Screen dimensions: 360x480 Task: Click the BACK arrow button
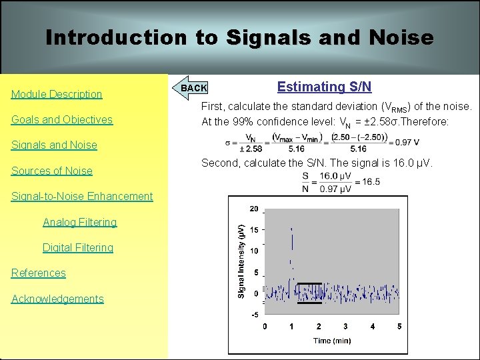(193, 88)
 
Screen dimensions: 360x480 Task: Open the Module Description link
(57, 94)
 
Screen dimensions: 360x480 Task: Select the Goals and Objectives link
(62, 119)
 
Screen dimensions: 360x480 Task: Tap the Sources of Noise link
(52, 171)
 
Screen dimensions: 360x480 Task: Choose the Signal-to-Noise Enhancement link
(82, 196)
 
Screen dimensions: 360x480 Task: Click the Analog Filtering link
(79, 222)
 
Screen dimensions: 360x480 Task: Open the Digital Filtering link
(78, 247)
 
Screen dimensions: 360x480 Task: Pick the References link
(39, 273)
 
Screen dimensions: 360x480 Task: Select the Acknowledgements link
(57, 299)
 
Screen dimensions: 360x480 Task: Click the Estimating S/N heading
(324, 87)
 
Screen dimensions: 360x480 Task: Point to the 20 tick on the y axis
(254, 209)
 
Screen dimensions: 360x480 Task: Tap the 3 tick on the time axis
(345, 327)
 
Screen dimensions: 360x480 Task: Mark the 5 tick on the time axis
(399, 327)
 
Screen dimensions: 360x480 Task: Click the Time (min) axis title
(332, 341)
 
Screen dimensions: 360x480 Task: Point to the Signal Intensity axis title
(241, 259)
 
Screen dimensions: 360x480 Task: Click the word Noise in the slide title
(399, 37)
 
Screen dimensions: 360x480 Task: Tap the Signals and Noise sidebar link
(54, 145)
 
